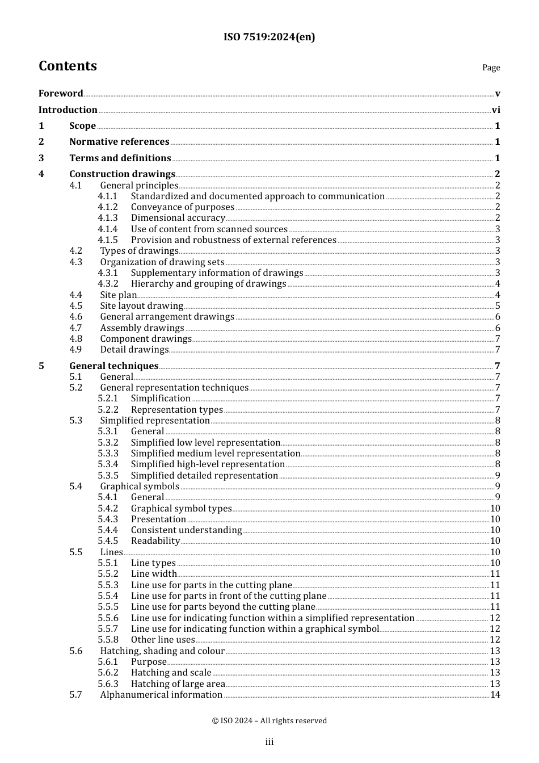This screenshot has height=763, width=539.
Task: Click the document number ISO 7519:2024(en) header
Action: tap(269, 37)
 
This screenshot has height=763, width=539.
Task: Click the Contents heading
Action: tap(68, 66)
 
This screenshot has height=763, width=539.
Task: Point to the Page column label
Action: tap(491, 68)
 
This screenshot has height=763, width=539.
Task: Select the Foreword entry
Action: tap(61, 94)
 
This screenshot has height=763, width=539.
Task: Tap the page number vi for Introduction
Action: tap(496, 110)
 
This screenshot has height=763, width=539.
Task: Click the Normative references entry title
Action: tap(119, 142)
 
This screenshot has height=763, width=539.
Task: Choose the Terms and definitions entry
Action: tap(120, 158)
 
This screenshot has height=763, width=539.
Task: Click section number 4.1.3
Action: tap(108, 218)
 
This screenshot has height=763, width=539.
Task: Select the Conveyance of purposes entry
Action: tap(182, 207)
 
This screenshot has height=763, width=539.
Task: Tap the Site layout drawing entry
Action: tap(141, 306)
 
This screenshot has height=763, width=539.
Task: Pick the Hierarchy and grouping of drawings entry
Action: tap(208, 284)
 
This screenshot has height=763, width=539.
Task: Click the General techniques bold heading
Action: tap(113, 366)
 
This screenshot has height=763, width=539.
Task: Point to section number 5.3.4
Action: tap(108, 464)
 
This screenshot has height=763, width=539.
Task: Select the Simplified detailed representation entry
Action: tap(204, 476)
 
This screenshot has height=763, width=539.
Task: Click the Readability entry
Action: tap(155, 541)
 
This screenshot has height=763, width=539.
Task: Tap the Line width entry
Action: tap(153, 574)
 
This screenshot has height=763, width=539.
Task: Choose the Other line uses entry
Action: tap(163, 640)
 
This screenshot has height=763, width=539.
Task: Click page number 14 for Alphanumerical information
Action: tap(495, 695)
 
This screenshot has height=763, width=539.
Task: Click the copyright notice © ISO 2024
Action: tap(269, 721)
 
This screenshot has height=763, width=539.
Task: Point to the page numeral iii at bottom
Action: tap(269, 742)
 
